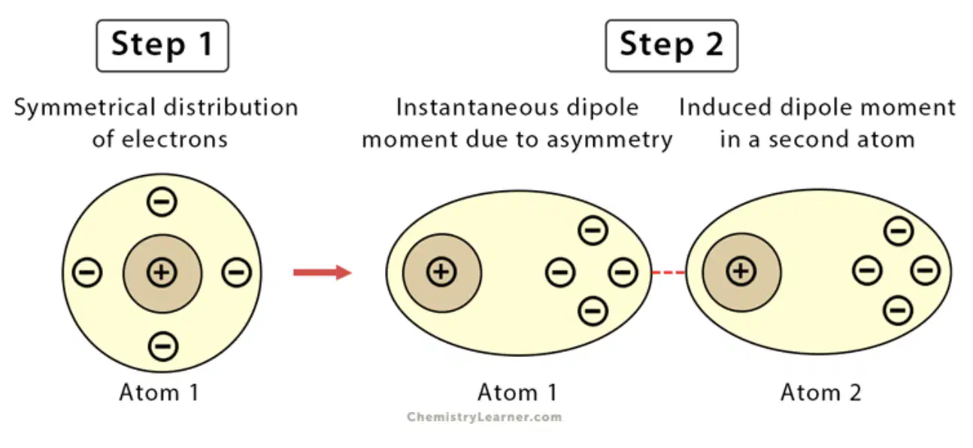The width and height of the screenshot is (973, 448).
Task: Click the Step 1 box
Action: [x=162, y=46]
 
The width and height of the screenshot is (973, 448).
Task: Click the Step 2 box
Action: [x=671, y=46]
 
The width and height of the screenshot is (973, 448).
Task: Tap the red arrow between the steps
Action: [x=323, y=273]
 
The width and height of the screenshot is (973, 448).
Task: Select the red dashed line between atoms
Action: [x=668, y=273]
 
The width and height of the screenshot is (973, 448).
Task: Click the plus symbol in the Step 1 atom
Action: [x=162, y=273]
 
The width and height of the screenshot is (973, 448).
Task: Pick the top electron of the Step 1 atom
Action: [x=162, y=202]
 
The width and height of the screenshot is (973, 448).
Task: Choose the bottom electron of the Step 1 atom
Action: [x=163, y=347]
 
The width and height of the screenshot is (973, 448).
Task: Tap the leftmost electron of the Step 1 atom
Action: [x=87, y=273]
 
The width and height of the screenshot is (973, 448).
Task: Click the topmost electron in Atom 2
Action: [x=899, y=231]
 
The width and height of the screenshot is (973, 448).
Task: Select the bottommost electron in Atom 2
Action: [x=898, y=310]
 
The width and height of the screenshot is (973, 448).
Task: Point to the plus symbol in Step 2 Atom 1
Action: [x=441, y=272]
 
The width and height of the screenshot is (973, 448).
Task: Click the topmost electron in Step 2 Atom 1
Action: [x=593, y=230]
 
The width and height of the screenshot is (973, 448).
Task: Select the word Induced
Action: [x=726, y=107]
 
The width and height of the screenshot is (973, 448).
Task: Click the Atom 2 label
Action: [x=821, y=392]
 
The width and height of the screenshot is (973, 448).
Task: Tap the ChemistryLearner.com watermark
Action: [x=484, y=417]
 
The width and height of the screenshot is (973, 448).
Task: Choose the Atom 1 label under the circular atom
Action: [x=159, y=392]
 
